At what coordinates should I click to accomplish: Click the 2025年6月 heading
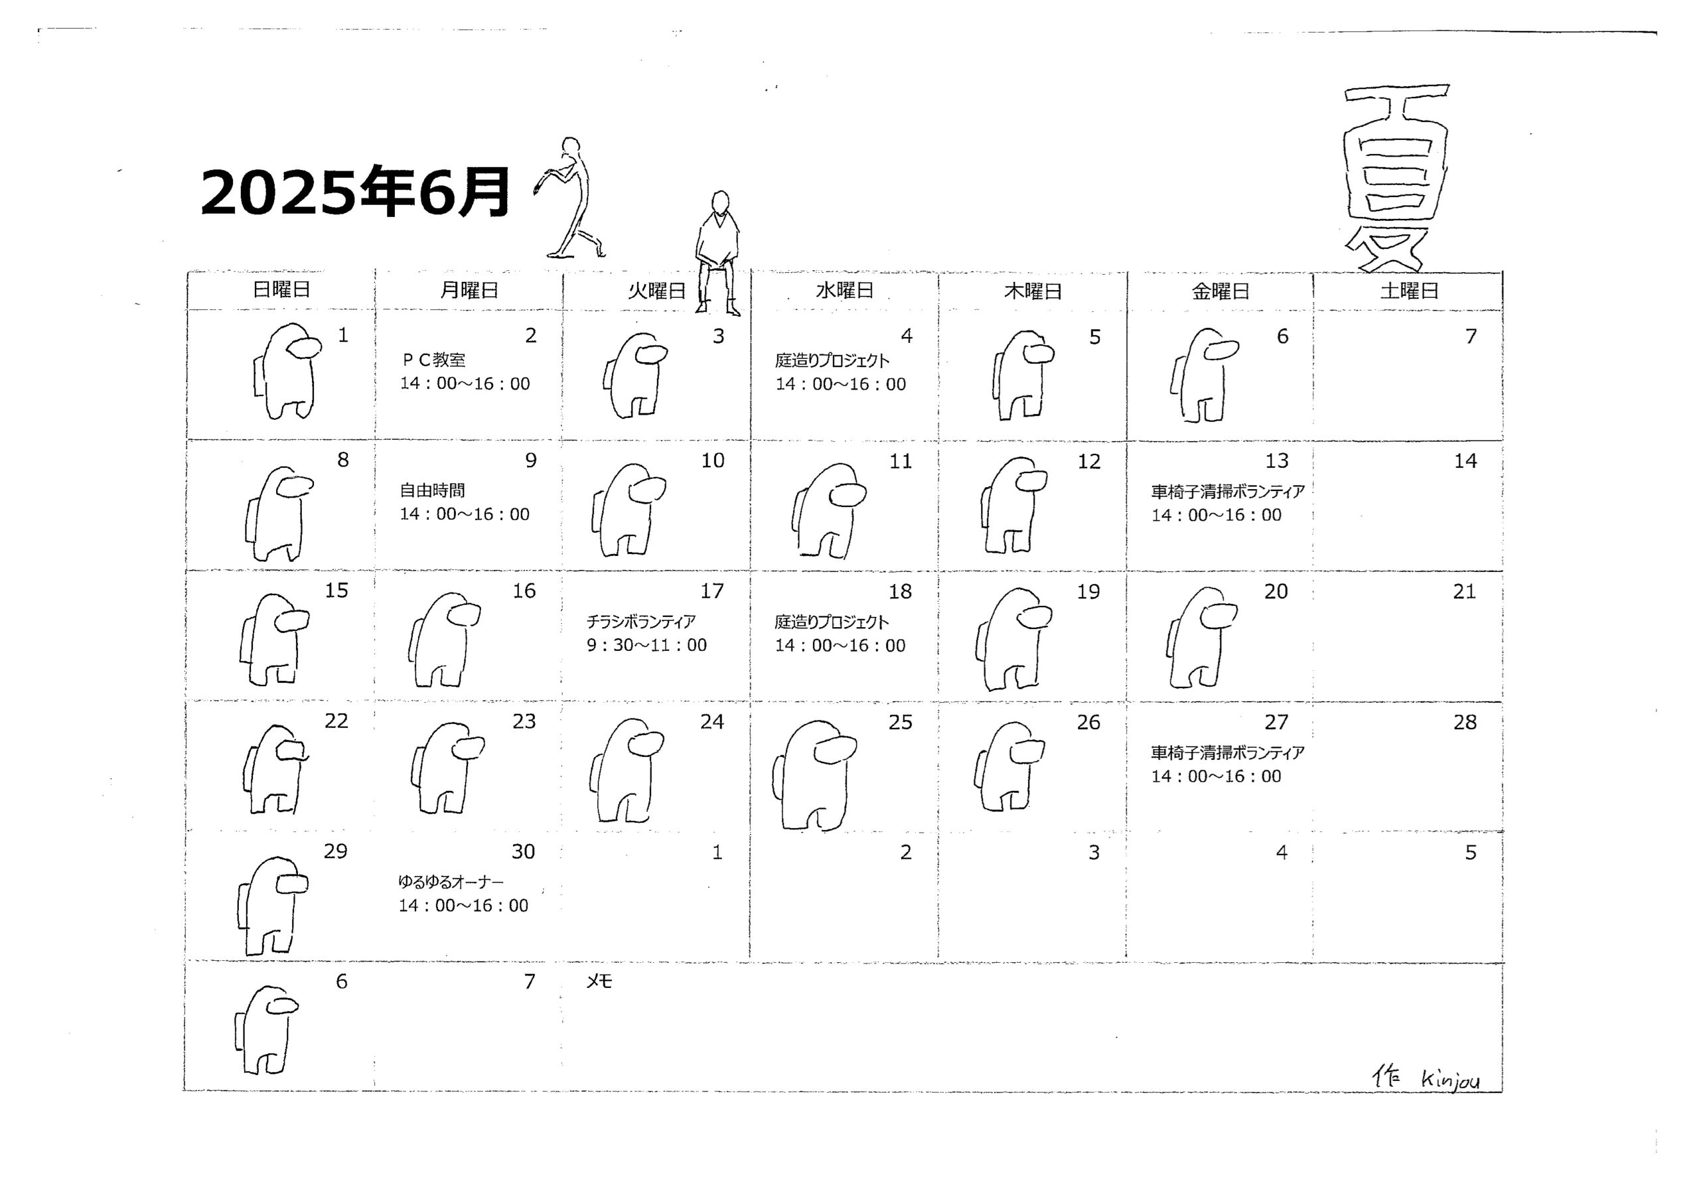coord(355,192)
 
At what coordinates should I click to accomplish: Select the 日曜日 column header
coord(281,290)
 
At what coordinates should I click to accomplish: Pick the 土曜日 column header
coord(1409,291)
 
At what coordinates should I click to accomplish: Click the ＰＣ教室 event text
coord(433,360)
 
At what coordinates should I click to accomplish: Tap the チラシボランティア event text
coord(641,622)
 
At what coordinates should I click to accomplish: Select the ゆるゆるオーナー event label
coord(451,882)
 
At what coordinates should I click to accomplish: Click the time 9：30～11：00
coord(646,645)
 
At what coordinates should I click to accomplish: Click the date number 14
coord(1465,461)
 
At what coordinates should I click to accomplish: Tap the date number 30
coord(523,852)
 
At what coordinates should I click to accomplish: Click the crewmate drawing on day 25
coord(814,775)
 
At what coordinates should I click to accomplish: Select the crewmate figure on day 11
coord(829,511)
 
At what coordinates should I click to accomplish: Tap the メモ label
coord(599,981)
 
